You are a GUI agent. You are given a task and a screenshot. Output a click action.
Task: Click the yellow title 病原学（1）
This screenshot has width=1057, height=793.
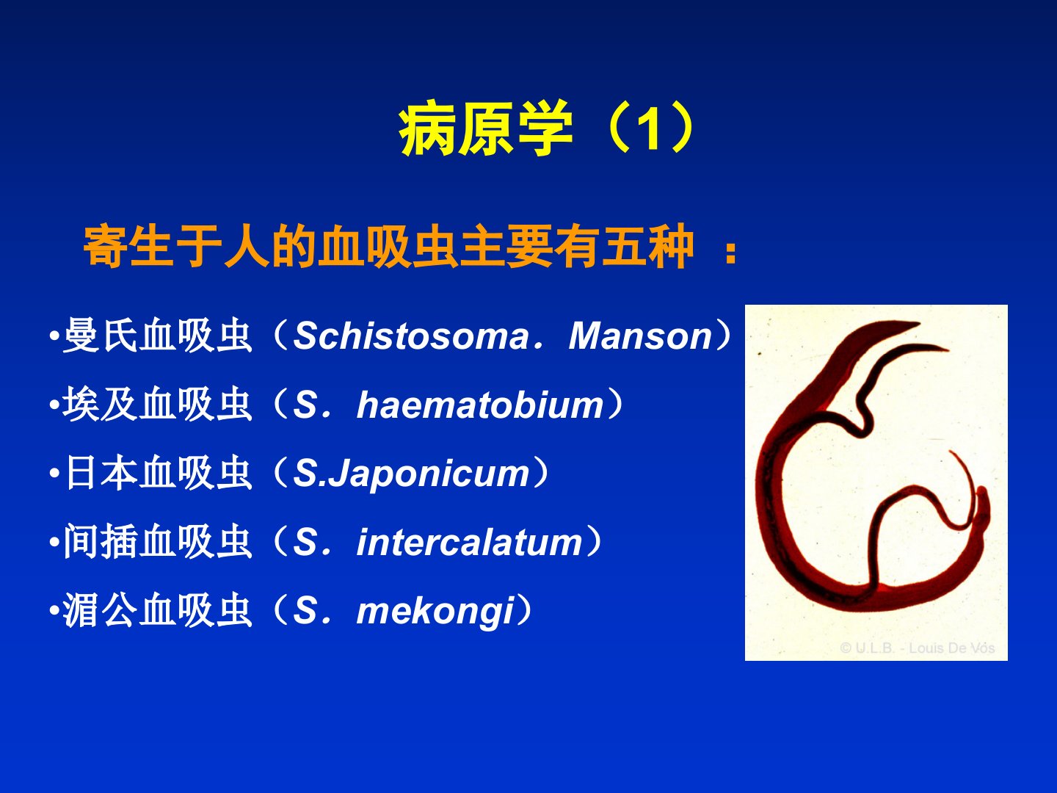click(x=548, y=128)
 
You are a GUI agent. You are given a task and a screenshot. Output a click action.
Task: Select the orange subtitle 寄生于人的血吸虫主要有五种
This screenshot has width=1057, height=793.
click(x=389, y=246)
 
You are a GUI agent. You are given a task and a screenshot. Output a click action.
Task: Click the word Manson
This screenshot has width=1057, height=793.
click(x=641, y=336)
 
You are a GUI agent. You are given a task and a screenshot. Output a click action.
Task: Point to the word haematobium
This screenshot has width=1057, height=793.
click(x=480, y=405)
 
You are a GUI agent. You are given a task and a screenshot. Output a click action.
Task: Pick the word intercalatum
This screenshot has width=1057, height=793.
click(x=470, y=542)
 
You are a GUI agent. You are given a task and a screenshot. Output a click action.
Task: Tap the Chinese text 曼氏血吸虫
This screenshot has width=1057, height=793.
click(x=159, y=336)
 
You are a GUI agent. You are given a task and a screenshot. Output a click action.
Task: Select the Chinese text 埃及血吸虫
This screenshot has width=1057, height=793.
click(x=159, y=405)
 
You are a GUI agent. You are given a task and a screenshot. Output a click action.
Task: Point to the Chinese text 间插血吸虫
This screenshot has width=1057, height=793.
click(x=159, y=542)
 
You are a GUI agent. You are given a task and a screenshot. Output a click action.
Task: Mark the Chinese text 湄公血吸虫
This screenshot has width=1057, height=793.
click(x=159, y=611)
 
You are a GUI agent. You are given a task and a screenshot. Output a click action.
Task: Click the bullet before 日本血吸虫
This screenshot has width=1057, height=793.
click(x=54, y=474)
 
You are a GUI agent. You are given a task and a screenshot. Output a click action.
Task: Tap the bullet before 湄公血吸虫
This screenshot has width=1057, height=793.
click(x=54, y=612)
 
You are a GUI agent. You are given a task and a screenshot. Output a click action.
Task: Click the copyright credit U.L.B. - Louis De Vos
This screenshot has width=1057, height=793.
click(x=918, y=648)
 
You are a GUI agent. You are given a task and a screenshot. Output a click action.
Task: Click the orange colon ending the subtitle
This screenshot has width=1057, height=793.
click(x=730, y=253)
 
